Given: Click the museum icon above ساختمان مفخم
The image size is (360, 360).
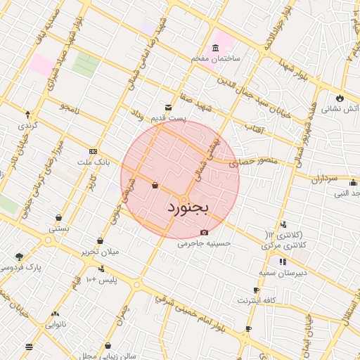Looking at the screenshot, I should [x=214, y=47].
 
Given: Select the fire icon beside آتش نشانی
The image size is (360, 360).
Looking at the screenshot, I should [x=340, y=98].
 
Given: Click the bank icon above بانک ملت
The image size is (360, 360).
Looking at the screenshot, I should [x=93, y=152].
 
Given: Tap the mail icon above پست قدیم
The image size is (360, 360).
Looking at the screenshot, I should [x=168, y=108].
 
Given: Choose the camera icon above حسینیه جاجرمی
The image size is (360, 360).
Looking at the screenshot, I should [x=204, y=232].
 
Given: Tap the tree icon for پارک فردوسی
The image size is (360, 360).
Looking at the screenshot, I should [x=18, y=257].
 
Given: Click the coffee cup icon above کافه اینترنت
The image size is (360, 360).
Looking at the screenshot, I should [x=256, y=290].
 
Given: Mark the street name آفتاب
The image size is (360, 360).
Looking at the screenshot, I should [x=253, y=128].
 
